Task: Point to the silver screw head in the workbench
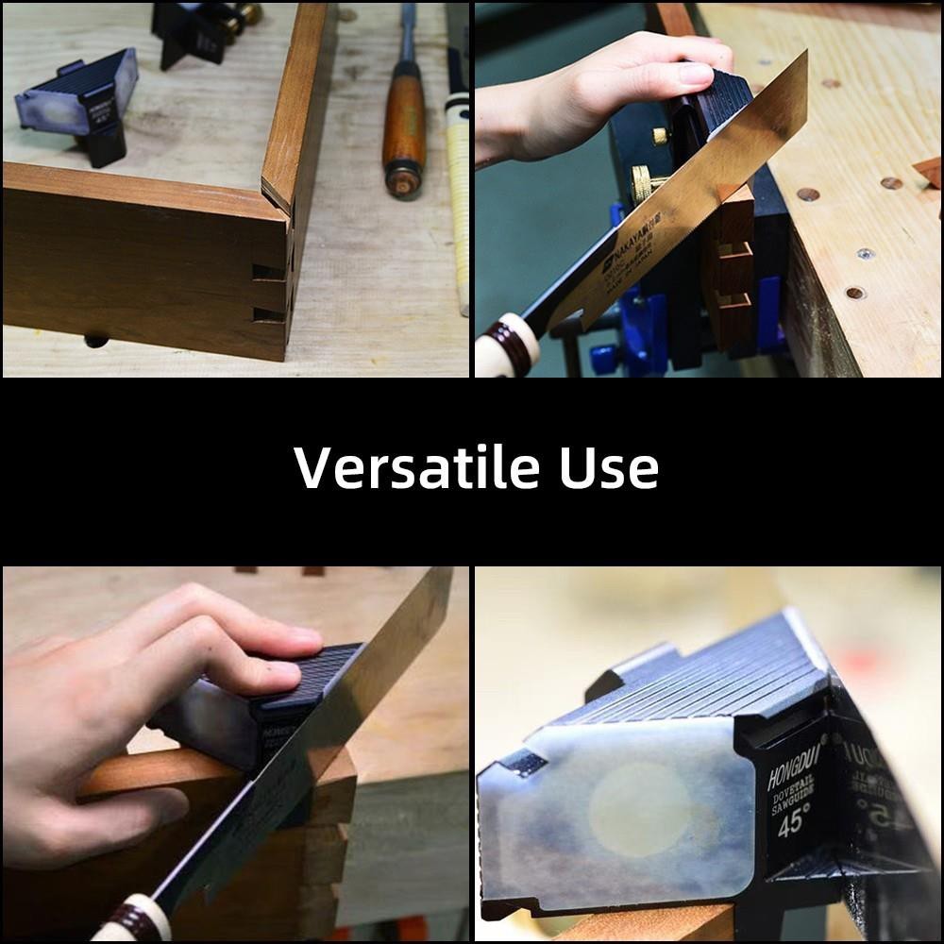pyautogui.click(x=864, y=253)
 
